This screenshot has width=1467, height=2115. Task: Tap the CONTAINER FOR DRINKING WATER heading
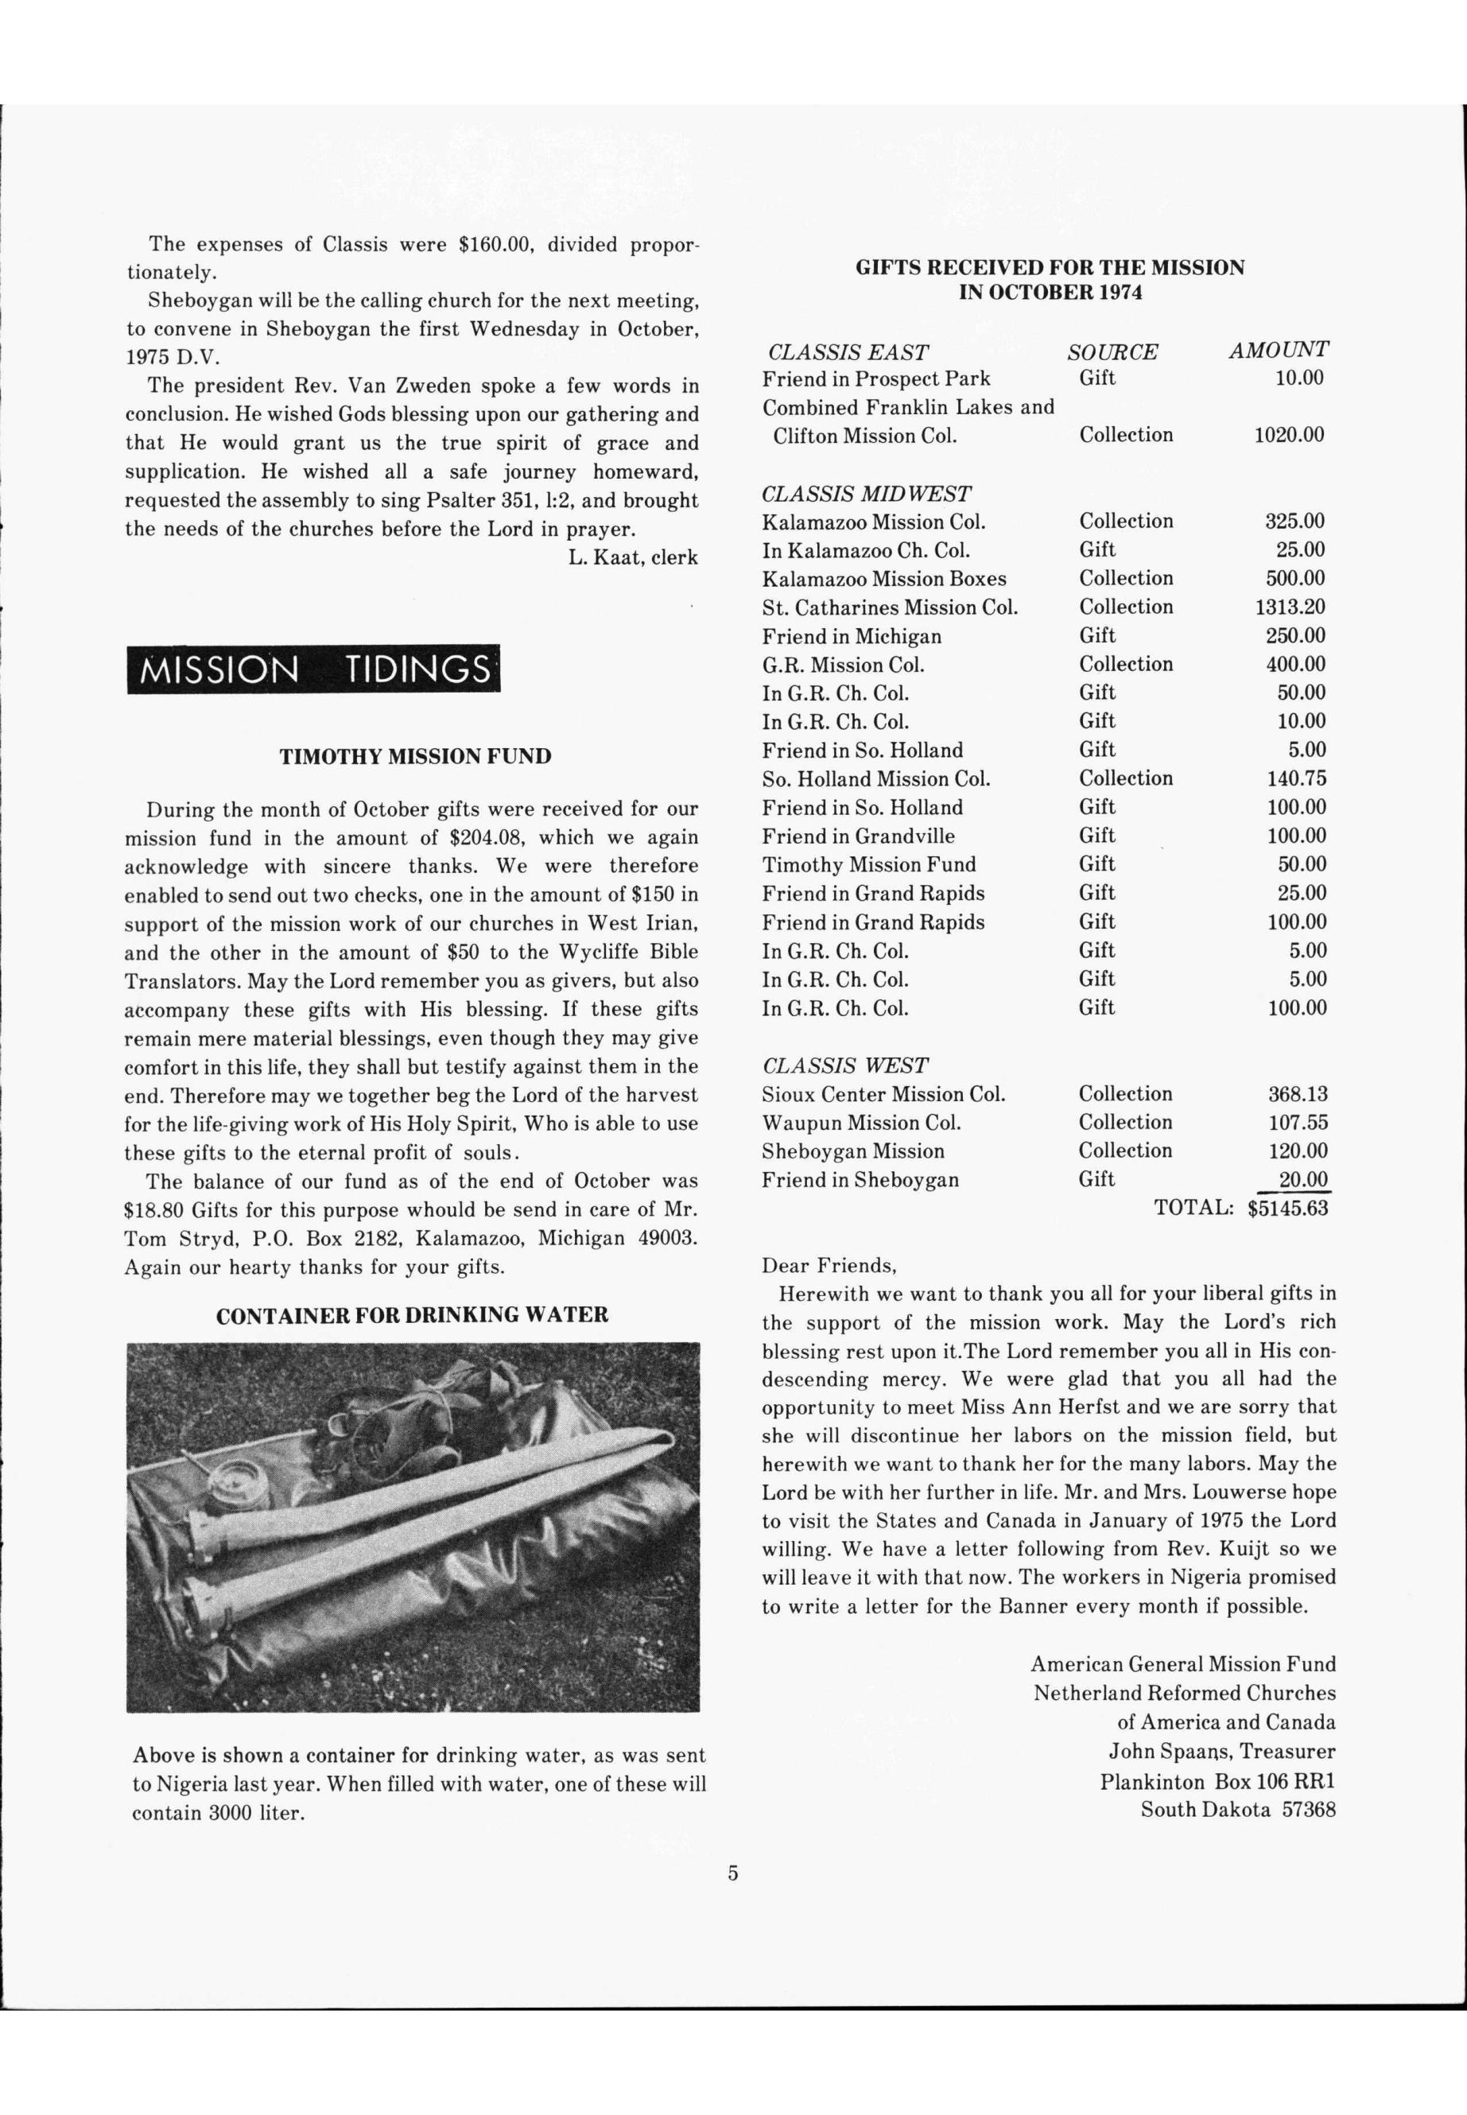(412, 1315)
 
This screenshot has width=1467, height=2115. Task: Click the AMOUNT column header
(1278, 349)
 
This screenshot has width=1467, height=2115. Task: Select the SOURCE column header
(1112, 352)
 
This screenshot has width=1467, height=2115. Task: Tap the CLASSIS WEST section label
(844, 1065)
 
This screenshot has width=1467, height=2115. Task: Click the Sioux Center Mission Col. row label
(883, 1095)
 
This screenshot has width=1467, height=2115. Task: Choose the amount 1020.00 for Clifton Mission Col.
(1289, 435)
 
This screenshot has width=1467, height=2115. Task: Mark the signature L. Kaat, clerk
(633, 557)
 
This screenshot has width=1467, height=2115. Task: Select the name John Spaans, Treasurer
(1221, 1752)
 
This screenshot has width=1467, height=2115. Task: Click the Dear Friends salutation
(829, 1266)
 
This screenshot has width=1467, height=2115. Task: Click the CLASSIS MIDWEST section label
(866, 494)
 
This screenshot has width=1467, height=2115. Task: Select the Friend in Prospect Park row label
(876, 378)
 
